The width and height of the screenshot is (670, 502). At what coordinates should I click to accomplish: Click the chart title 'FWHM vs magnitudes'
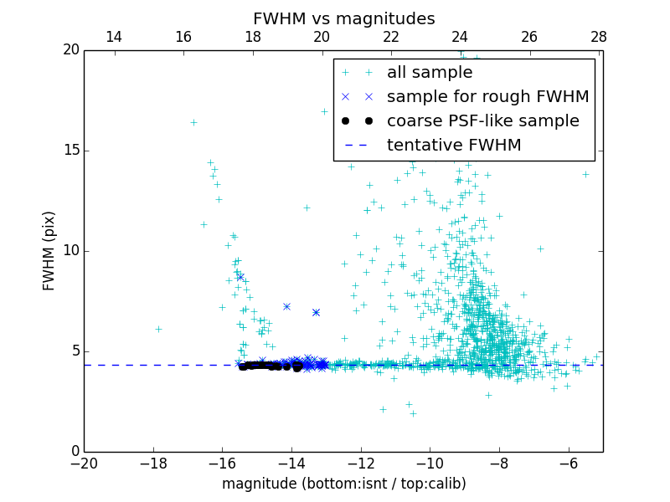(x=343, y=18)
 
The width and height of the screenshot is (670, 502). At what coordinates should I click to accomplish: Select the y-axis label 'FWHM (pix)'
(x=49, y=250)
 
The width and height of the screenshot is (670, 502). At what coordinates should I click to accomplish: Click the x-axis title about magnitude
(x=343, y=484)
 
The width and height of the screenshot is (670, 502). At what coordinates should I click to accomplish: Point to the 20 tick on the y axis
(x=70, y=50)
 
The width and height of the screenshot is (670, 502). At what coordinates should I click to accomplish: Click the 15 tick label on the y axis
(x=70, y=151)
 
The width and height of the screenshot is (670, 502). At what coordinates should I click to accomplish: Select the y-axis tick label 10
(x=70, y=251)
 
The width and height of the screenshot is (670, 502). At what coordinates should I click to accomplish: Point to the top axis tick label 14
(x=114, y=37)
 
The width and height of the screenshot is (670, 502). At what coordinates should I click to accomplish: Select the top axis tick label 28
(x=598, y=37)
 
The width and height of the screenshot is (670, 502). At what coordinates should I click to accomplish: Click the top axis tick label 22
(x=391, y=37)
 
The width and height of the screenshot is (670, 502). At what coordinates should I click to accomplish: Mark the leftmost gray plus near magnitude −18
(x=158, y=329)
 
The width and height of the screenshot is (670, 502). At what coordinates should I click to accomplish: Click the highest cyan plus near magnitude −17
(x=193, y=122)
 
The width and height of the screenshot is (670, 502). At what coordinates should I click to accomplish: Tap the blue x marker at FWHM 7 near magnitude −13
(x=316, y=312)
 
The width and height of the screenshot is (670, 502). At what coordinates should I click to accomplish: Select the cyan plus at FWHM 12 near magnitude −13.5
(x=307, y=207)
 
